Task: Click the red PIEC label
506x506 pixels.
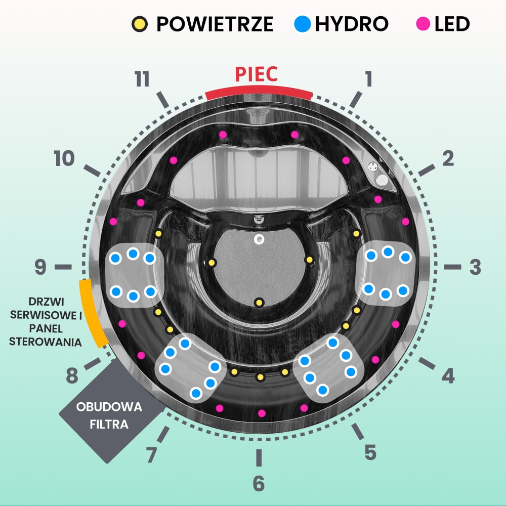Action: [x=256, y=74]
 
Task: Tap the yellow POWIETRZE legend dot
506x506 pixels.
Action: [x=140, y=24]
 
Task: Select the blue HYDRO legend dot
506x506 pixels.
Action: [x=303, y=24]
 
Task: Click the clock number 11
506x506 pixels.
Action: [x=143, y=80]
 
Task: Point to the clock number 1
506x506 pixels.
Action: [x=368, y=79]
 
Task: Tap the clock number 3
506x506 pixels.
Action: [x=475, y=267]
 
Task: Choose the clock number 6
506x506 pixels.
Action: [x=259, y=484]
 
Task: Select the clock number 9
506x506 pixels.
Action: [x=40, y=267]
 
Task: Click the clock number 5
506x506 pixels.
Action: [x=370, y=452]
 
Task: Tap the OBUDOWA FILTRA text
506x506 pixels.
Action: [x=109, y=415]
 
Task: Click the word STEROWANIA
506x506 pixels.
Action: [x=46, y=342]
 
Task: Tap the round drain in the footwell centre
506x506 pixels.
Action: [x=259, y=239]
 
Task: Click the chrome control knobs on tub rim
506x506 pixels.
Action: [x=377, y=173]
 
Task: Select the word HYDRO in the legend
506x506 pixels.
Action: [x=351, y=24]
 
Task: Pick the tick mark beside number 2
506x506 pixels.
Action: [x=426, y=171]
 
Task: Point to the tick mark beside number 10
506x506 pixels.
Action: [x=92, y=171]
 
